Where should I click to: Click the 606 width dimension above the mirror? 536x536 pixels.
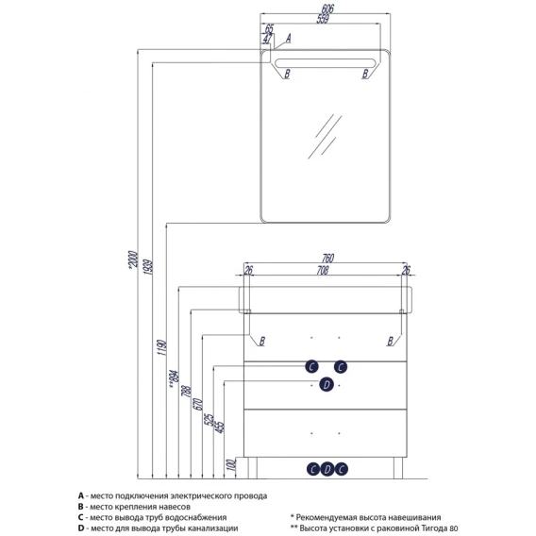point(327,8)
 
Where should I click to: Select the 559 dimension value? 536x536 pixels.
point(323,19)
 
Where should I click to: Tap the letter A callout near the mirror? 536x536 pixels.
point(288,38)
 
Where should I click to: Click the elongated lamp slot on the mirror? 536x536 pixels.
point(325,63)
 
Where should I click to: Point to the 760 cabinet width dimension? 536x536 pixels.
point(327,258)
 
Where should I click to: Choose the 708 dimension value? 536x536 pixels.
point(323,271)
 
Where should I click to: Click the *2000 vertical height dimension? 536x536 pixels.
point(133,260)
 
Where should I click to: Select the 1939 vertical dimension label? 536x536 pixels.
point(147,268)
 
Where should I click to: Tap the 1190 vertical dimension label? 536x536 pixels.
point(161,347)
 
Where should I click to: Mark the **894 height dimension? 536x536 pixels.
point(174,379)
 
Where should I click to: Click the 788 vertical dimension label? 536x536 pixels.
point(186,392)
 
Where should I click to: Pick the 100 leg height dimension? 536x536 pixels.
point(231,465)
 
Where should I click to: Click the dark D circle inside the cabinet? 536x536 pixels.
point(327,385)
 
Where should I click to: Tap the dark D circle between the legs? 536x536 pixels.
point(327,469)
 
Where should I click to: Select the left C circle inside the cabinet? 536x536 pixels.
point(311,367)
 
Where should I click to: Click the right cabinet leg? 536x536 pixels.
point(398,468)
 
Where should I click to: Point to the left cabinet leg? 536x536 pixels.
point(252,468)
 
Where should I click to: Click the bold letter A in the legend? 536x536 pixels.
point(80,495)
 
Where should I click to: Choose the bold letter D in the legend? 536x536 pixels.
point(80,528)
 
